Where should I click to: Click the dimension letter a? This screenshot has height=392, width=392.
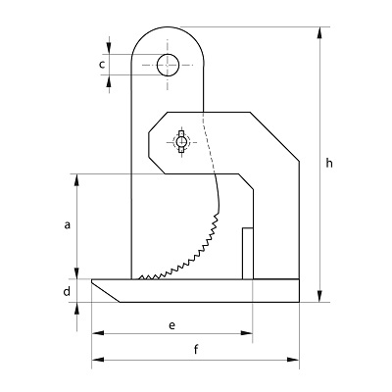(x=68, y=225)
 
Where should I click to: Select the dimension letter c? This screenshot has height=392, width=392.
(x=102, y=65)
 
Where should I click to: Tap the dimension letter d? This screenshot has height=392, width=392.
(x=67, y=291)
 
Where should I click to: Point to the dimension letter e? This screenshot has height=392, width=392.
(x=172, y=325)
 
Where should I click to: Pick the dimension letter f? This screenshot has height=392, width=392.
(x=196, y=350)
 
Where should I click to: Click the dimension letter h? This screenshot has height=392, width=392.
(x=329, y=163)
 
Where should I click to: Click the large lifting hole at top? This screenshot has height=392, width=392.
(x=168, y=65)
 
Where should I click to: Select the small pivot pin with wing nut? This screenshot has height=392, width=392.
(x=180, y=142)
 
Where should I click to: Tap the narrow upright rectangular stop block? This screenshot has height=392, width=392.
(x=248, y=254)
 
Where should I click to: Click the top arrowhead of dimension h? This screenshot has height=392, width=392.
(x=320, y=33)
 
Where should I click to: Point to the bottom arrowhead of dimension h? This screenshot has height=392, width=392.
(x=320, y=296)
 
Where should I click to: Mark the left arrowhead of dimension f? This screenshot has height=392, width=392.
(x=98, y=360)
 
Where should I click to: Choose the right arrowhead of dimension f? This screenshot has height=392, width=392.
(x=293, y=360)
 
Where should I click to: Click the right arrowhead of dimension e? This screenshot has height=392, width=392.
(x=247, y=333)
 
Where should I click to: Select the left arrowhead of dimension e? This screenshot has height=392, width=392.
(x=98, y=333)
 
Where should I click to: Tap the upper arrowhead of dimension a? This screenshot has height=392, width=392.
(x=77, y=180)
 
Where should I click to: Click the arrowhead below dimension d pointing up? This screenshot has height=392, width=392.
(x=77, y=309)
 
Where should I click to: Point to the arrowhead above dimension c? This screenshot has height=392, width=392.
(x=109, y=48)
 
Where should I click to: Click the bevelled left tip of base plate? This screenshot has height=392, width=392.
(x=93, y=281)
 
